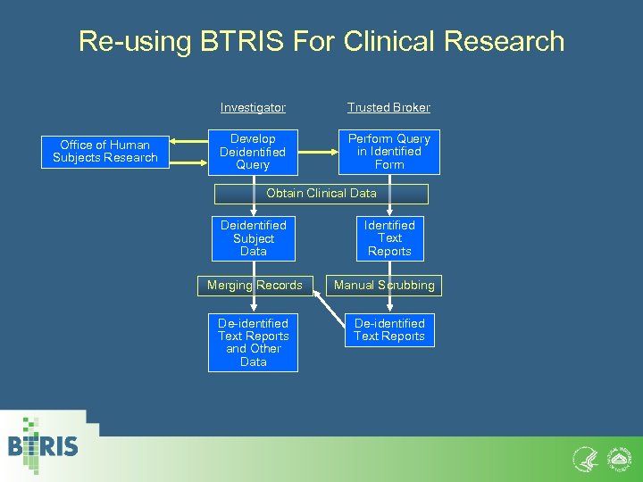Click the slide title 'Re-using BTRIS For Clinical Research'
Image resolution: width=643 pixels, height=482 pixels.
(x=321, y=41)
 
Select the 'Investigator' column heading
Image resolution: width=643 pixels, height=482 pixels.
(x=253, y=107)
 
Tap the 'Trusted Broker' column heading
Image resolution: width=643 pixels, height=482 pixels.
(x=388, y=107)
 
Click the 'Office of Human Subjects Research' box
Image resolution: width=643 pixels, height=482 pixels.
(x=104, y=151)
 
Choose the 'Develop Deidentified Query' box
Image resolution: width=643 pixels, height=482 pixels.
(x=253, y=152)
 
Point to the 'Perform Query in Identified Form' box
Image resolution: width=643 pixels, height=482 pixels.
(x=388, y=152)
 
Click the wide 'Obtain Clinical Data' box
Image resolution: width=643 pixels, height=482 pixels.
(x=321, y=193)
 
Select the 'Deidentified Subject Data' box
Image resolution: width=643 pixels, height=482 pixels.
(x=253, y=238)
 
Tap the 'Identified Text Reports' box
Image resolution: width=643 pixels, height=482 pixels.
(x=389, y=238)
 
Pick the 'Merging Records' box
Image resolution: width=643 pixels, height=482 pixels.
(x=255, y=286)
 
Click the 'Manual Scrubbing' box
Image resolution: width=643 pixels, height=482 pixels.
(x=384, y=286)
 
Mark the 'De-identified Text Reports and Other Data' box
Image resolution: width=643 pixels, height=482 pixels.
(x=253, y=342)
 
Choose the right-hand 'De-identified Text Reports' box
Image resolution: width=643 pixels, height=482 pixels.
(x=389, y=329)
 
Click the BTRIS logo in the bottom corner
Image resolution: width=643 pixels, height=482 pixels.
(x=43, y=445)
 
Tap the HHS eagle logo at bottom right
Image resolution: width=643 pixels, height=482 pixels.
(x=583, y=458)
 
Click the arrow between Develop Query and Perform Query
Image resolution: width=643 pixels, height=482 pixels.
(x=318, y=152)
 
